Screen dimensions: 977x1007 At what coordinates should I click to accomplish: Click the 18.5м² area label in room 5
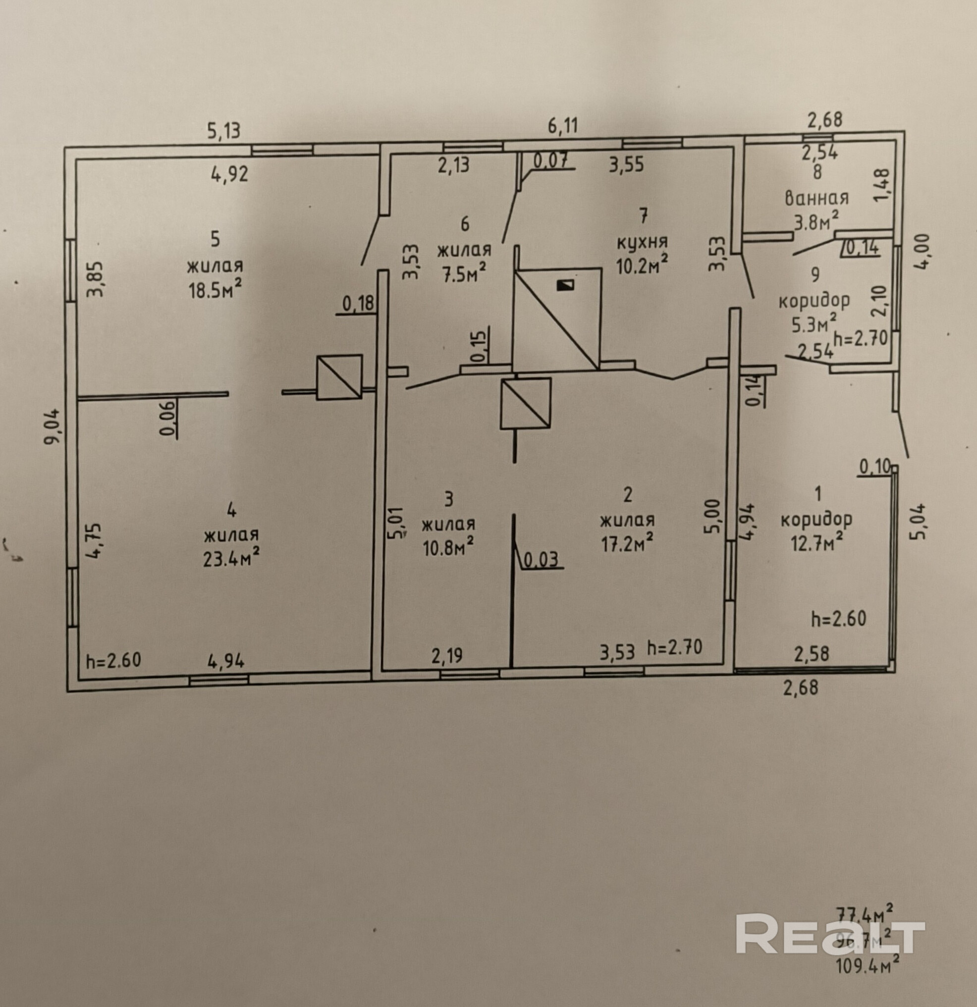[x=215, y=290]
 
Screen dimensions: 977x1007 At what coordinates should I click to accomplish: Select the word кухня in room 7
[x=642, y=242]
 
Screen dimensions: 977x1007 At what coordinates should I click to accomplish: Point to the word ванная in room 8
[x=816, y=198]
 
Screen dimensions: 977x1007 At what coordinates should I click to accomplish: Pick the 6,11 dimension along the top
[x=562, y=126]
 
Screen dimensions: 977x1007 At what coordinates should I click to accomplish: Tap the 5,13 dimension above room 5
[x=223, y=131]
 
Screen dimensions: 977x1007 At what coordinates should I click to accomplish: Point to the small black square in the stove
[x=565, y=285]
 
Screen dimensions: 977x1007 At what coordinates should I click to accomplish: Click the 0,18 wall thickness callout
[x=358, y=304]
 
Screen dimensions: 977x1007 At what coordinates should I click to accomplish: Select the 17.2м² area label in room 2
[x=627, y=543]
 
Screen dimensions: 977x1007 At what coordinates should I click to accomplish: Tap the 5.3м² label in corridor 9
[x=814, y=323]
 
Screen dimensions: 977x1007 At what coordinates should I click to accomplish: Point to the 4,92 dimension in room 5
[x=229, y=174]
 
